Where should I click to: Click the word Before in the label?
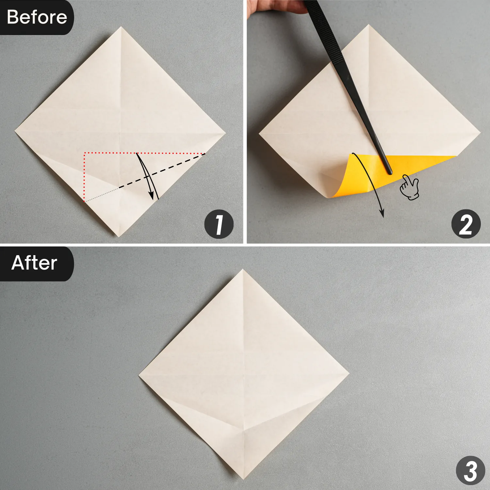37,17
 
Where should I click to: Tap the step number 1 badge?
219,224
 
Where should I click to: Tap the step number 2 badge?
466,224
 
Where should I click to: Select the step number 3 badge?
470,470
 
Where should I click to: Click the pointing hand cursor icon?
409,187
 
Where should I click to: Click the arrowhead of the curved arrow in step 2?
382,214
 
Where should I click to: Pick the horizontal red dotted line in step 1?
144,153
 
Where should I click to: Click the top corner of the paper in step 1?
121,27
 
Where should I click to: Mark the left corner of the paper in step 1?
15,132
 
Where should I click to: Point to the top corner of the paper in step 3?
243,270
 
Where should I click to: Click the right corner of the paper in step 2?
480,132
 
